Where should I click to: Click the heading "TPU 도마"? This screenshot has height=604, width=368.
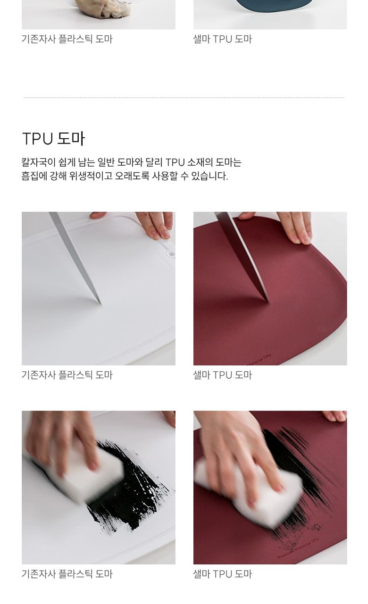tap(53, 139)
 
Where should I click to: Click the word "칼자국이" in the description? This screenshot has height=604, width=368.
tap(39, 162)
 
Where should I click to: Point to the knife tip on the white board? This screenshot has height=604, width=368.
tap(101, 305)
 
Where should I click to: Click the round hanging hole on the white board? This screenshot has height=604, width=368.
tap(170, 254)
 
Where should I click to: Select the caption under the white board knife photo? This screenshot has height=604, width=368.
tap(67, 375)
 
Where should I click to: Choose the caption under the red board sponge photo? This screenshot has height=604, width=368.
tap(222, 574)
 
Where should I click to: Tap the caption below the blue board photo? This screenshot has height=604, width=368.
tap(222, 39)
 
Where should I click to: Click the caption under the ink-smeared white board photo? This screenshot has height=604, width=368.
tap(67, 574)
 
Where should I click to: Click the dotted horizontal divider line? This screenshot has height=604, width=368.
tap(184, 98)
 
